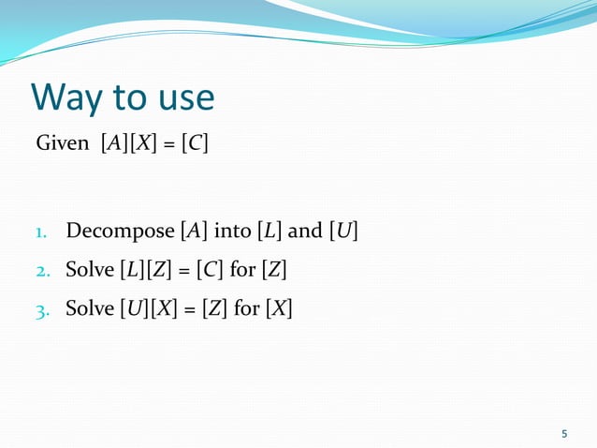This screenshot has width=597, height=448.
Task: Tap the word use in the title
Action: [x=181, y=97]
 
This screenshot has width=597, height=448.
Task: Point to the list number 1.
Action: [x=41, y=231]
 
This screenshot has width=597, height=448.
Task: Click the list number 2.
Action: [x=41, y=272]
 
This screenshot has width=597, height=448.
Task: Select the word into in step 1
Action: [x=232, y=231]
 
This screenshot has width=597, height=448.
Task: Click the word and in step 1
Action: [x=304, y=231]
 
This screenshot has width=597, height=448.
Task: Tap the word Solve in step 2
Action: [x=89, y=270]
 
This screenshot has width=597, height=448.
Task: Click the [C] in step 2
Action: [x=210, y=270]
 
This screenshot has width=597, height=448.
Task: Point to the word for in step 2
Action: [x=243, y=270]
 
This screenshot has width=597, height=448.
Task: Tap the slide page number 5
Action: [x=564, y=433]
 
